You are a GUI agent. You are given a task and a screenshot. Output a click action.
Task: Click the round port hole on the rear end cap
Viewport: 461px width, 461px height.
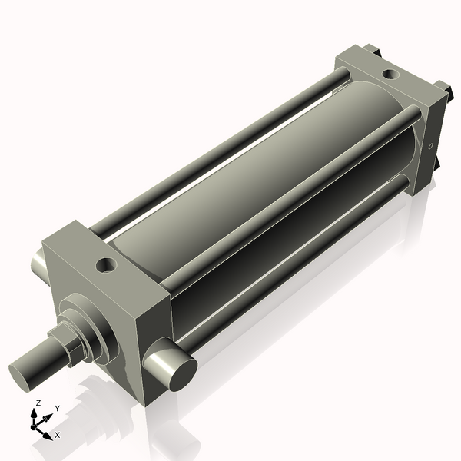390,75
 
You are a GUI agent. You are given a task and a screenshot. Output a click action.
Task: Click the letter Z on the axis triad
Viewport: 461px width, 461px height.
38,403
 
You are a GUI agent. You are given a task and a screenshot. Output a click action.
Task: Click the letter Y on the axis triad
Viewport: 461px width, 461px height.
57,409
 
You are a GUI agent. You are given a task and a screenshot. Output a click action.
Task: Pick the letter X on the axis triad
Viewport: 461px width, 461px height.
58,435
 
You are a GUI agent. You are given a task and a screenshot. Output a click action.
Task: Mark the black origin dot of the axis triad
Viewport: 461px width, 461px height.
35,424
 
